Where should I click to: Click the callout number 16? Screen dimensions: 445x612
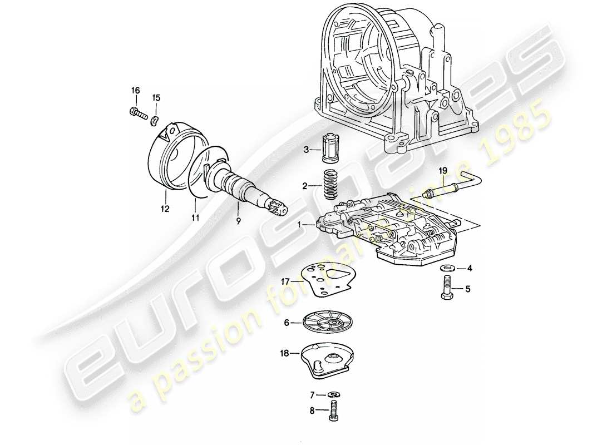[x=136, y=91]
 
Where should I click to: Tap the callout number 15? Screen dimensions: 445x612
[x=156, y=98]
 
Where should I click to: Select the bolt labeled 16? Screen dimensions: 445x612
[x=138, y=113]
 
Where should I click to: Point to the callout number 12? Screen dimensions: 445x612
[x=165, y=209]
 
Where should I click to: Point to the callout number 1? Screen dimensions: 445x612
[x=300, y=225]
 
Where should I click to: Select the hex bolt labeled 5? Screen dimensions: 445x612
[x=447, y=290]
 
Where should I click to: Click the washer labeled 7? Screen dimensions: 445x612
[x=333, y=395]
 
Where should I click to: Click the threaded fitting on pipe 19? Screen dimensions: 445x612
[x=429, y=194]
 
